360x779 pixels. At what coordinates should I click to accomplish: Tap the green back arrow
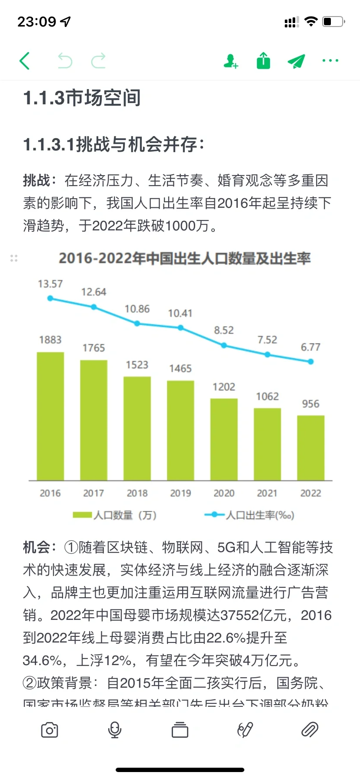(25, 61)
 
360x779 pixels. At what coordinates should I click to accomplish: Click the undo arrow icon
(65, 61)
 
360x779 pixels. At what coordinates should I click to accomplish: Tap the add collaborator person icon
(230, 61)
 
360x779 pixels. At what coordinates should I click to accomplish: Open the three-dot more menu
(330, 60)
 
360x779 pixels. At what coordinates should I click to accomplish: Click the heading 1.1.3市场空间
(82, 97)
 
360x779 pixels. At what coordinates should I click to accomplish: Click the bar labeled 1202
(224, 439)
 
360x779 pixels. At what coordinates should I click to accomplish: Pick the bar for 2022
(310, 448)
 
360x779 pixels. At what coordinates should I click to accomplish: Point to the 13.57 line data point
(50, 298)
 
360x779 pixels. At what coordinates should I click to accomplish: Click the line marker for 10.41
(180, 328)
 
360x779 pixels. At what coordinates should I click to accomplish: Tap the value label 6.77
(310, 347)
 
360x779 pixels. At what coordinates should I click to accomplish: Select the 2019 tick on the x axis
(180, 493)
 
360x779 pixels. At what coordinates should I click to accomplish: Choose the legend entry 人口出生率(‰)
(250, 515)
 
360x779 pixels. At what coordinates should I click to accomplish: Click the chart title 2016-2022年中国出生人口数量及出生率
(184, 258)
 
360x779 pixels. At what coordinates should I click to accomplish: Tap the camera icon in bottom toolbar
(49, 730)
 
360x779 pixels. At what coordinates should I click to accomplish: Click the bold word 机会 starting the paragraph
(37, 547)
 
